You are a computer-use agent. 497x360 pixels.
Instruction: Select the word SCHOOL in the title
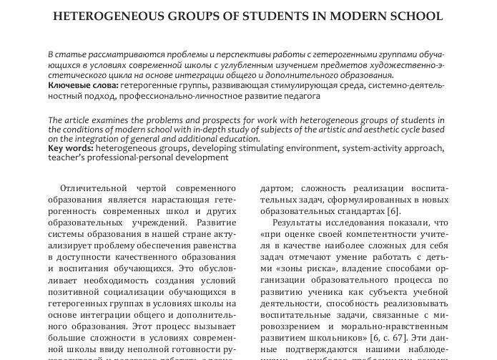point(411,16)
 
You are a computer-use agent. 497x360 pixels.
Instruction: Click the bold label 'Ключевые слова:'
point(78,85)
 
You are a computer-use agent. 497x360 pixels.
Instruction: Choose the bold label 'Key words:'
point(70,148)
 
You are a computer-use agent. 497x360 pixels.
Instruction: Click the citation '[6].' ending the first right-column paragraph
point(393,211)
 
